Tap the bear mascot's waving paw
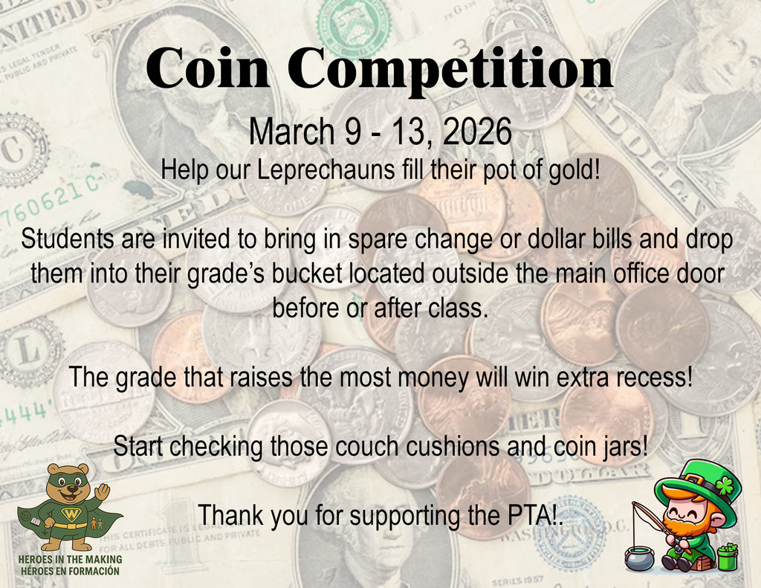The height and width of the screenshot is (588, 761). pyautogui.click(x=102, y=491)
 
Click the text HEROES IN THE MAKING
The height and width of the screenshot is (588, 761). pyautogui.click(x=71, y=560)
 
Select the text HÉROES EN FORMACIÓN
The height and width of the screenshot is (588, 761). pyautogui.click(x=71, y=572)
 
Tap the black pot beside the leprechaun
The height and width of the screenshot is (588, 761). pyautogui.click(x=638, y=557)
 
